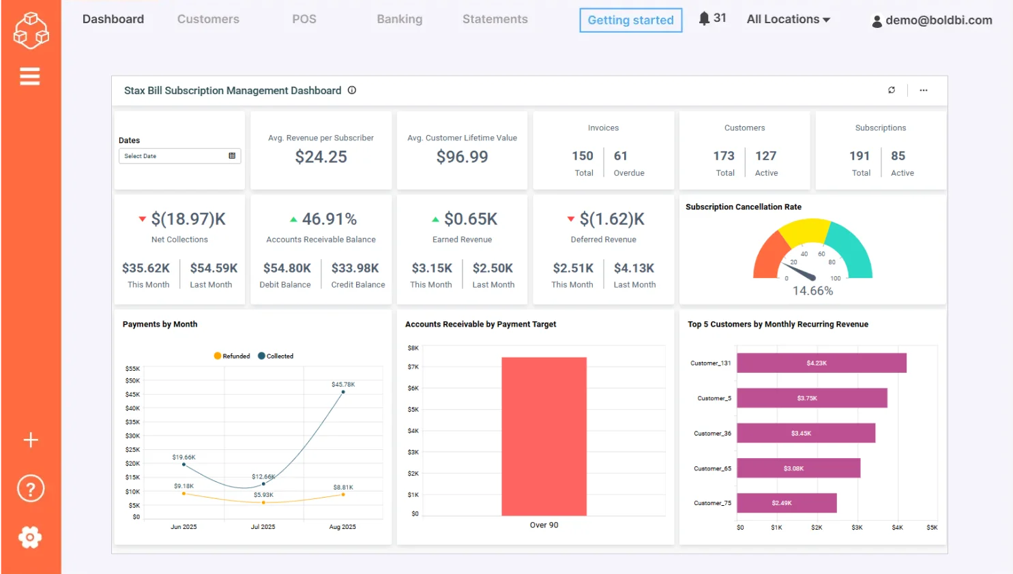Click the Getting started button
point(630,20)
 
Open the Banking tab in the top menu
point(399,19)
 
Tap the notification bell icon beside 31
point(704,18)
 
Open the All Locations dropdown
point(788,19)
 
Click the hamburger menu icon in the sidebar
point(29,76)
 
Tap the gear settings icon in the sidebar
point(30,537)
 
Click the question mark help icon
point(30,488)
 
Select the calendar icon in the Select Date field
point(232,156)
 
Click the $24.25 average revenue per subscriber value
point(321,157)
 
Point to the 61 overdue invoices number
point(620,156)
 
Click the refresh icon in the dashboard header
point(892,90)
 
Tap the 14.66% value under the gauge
point(812,291)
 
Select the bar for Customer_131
point(821,363)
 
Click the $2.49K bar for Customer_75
point(786,503)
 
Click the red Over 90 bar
point(544,436)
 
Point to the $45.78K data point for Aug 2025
point(343,392)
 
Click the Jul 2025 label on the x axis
point(263,527)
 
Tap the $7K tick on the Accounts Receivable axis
point(413,367)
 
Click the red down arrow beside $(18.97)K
point(142,219)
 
